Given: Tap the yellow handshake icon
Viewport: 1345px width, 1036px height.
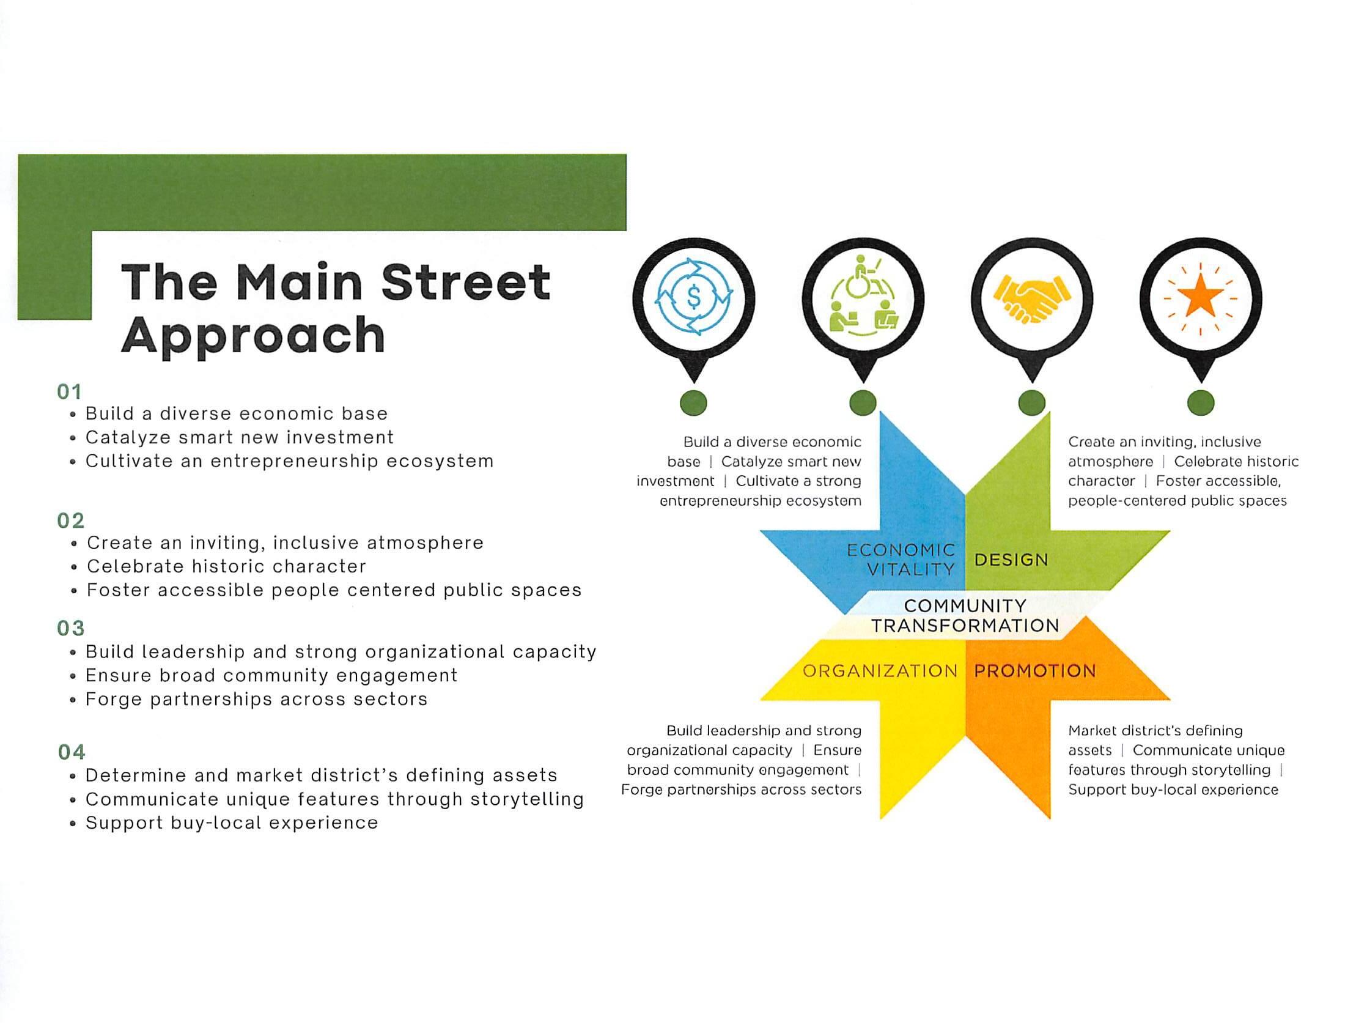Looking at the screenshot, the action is [1031, 299].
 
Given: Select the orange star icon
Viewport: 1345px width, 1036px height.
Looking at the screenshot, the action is [1200, 299].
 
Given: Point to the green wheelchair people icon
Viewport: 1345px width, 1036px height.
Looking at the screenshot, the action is [863, 299].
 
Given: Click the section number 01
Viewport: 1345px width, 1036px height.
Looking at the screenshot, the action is [70, 392].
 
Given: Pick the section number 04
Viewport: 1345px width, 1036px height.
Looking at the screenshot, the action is [72, 752].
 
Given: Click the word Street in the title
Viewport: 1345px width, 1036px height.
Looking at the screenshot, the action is [466, 282].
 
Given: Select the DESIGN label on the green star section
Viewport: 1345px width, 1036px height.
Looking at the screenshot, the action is [1011, 560].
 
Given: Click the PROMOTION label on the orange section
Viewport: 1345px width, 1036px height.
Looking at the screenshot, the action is [1034, 671].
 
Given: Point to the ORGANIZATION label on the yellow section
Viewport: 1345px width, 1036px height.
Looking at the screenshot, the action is [880, 671].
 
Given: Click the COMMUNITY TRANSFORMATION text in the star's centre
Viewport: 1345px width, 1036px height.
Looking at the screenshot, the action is [964, 616].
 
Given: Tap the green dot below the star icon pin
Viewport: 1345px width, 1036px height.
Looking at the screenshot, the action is [1200, 404].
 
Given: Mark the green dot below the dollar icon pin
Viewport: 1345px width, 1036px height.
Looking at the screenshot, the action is [693, 404].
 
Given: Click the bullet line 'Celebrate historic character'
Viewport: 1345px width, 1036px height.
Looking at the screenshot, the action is [226, 566].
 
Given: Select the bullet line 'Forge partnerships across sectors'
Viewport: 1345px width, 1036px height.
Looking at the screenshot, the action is [256, 699].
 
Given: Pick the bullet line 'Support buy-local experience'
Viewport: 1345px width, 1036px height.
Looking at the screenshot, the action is [232, 823].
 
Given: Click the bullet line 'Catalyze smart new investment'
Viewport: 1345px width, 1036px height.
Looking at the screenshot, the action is [240, 437].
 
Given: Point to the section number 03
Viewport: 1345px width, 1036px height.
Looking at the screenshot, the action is [71, 628].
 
